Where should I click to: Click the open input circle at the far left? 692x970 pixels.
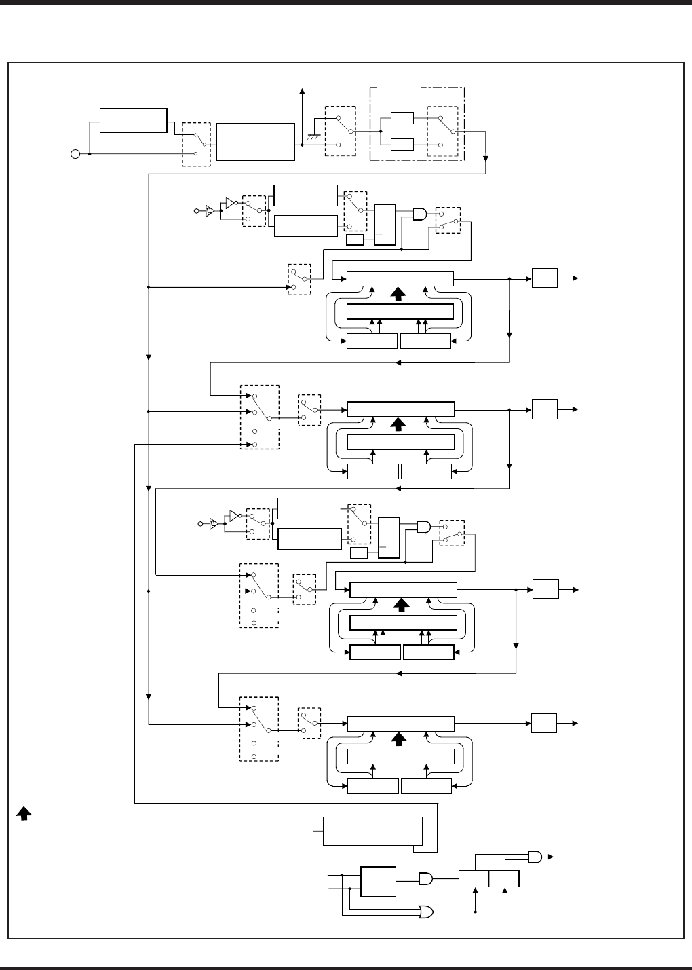(75, 155)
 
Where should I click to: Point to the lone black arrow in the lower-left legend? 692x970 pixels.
(23, 813)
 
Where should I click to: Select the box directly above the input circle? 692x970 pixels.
(133, 120)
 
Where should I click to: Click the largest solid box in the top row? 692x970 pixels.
(255, 142)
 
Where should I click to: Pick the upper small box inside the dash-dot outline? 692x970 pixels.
(402, 118)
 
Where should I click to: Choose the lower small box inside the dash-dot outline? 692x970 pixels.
(402, 144)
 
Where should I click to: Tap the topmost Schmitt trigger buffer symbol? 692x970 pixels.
(210, 211)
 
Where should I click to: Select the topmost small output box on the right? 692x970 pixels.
(544, 278)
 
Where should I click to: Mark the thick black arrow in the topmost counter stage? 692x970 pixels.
(399, 293)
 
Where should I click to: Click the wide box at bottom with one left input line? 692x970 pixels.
(373, 831)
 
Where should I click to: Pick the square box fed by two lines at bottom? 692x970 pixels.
(379, 881)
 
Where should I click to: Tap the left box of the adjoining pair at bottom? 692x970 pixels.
(474, 878)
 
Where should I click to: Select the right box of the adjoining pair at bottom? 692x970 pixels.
(504, 878)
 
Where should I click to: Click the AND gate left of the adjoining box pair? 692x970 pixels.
(426, 878)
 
